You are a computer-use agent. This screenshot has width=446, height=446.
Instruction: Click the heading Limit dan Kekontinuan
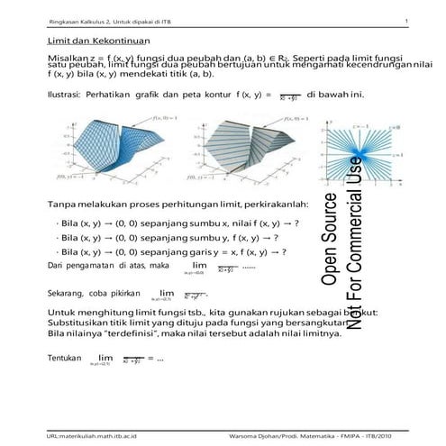98,42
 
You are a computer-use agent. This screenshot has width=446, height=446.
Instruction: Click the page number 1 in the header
407,21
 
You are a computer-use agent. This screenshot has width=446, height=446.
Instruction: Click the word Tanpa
59,203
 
